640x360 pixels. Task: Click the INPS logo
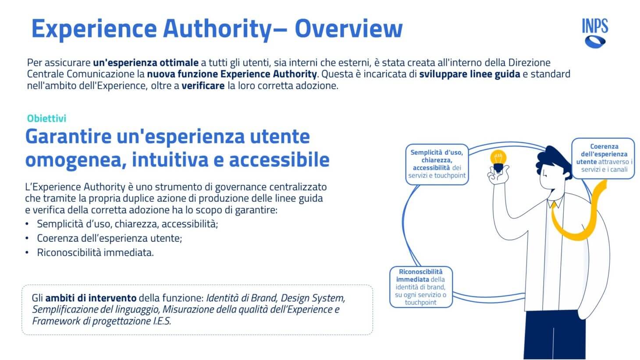pyautogui.click(x=595, y=33)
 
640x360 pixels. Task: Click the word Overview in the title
pyautogui.click(x=348, y=29)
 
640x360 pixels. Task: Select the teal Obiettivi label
pyautogui.click(x=46, y=118)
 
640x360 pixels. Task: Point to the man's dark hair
pyautogui.click(x=554, y=160)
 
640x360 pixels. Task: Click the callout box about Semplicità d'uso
pyautogui.click(x=437, y=164)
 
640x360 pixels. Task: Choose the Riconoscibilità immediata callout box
pyautogui.click(x=421, y=287)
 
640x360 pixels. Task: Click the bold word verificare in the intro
pyautogui.click(x=203, y=86)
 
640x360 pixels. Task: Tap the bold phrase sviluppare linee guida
pyautogui.click(x=469, y=74)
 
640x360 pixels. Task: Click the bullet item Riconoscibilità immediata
pyautogui.click(x=96, y=253)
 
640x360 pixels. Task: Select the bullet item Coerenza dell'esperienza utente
pyautogui.click(x=110, y=238)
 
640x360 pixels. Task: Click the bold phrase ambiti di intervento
pyautogui.click(x=91, y=298)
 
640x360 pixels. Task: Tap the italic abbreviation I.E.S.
pyautogui.click(x=162, y=321)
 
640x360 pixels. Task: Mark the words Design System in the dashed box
pyautogui.click(x=313, y=298)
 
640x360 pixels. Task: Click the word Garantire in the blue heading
pyautogui.click(x=68, y=136)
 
